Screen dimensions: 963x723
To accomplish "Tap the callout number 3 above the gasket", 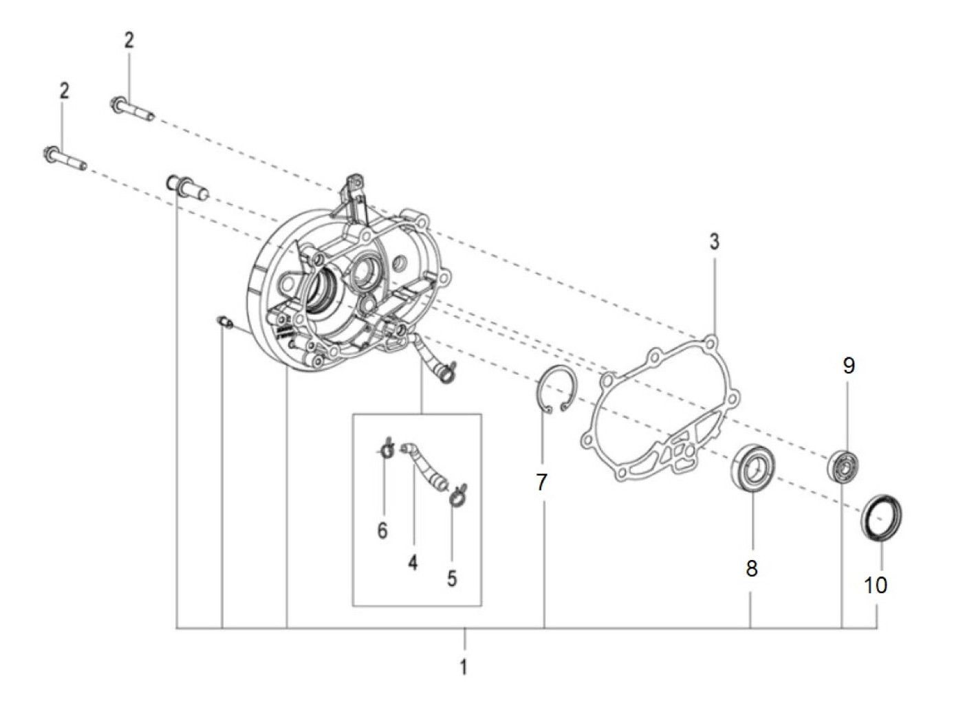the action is (714, 241).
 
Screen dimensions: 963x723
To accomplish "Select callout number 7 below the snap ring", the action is (542, 482).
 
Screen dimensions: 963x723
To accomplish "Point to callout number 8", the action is (751, 569).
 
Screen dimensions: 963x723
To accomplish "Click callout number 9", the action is (849, 366).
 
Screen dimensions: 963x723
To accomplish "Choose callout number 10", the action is (875, 585).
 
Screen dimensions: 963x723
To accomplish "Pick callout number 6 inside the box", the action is (382, 531).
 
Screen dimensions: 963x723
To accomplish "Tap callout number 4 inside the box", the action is (413, 563).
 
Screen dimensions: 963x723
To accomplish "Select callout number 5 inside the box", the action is (452, 579).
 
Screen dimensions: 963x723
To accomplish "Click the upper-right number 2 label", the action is (129, 41).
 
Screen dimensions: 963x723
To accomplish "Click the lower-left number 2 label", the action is (64, 91).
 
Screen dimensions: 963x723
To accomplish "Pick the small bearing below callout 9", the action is (843, 466).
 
